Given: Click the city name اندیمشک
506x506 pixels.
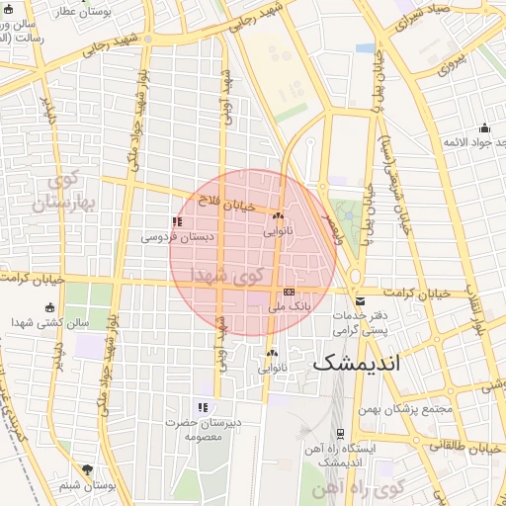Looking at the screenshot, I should [358, 363].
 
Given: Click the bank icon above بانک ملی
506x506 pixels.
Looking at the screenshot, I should [289, 292].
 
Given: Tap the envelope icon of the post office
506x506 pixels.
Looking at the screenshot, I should [360, 300].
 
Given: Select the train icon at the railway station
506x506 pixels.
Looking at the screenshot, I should [340, 433].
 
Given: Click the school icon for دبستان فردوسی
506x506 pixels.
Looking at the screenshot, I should [177, 222].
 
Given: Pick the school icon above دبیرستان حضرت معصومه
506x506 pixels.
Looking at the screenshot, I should [203, 407].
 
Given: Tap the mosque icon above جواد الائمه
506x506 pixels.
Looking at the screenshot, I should [484, 127].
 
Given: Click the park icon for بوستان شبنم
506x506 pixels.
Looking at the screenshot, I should [88, 469].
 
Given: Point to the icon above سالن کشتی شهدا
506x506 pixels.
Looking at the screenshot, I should [49, 307].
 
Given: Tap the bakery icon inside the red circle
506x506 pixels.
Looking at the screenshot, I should [278, 216].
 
